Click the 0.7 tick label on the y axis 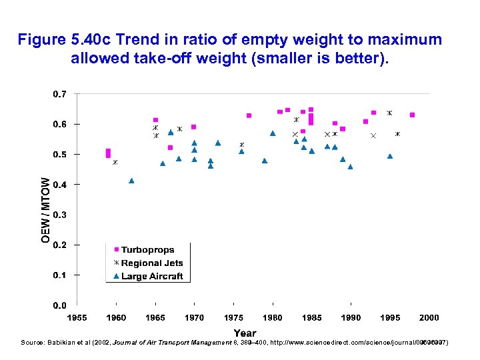point(59,94)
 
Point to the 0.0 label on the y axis point(59,305)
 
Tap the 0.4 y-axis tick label point(59,185)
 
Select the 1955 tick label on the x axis point(77,318)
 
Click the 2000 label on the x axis point(429,318)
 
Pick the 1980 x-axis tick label point(273,318)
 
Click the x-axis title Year point(245,333)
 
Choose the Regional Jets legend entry point(151,263)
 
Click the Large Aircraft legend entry point(151,276)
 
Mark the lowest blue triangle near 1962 point(131,181)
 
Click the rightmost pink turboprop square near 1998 point(413,115)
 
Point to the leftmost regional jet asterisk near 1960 point(115,162)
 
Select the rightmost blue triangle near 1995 point(390,156)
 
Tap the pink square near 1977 point(249,115)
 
